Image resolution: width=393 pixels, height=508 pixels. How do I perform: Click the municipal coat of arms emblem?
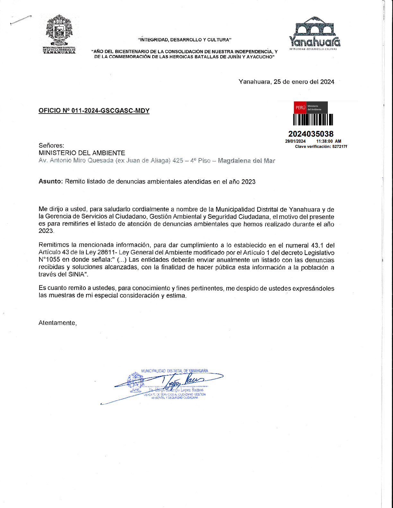tap(59, 31)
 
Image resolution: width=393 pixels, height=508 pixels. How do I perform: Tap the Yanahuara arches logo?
tap(315, 32)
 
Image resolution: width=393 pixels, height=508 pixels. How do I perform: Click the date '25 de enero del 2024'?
tap(304, 82)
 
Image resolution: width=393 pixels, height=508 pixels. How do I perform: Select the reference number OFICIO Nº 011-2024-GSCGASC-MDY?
tap(94, 111)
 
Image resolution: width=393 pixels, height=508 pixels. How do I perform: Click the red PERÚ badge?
tap(300, 107)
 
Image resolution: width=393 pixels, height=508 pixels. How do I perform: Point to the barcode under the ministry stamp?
tap(313, 120)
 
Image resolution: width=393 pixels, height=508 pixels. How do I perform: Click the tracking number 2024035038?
tap(311, 134)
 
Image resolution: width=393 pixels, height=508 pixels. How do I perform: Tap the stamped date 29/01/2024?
tap(295, 141)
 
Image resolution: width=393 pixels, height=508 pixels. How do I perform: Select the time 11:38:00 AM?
tap(329, 141)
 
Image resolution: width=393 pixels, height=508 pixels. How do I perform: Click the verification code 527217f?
tap(340, 147)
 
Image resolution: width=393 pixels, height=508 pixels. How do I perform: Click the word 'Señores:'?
tap(51, 146)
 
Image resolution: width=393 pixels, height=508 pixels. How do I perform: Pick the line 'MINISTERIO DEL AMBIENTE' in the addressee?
tap(82, 153)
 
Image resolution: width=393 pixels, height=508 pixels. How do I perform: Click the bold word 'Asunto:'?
tap(51, 182)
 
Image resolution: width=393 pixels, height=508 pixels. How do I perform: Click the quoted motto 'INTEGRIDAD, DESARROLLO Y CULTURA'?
tap(185, 40)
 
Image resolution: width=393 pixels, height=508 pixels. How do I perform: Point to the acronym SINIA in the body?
tap(76, 275)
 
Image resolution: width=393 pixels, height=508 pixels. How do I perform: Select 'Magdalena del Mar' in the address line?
tap(246, 161)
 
